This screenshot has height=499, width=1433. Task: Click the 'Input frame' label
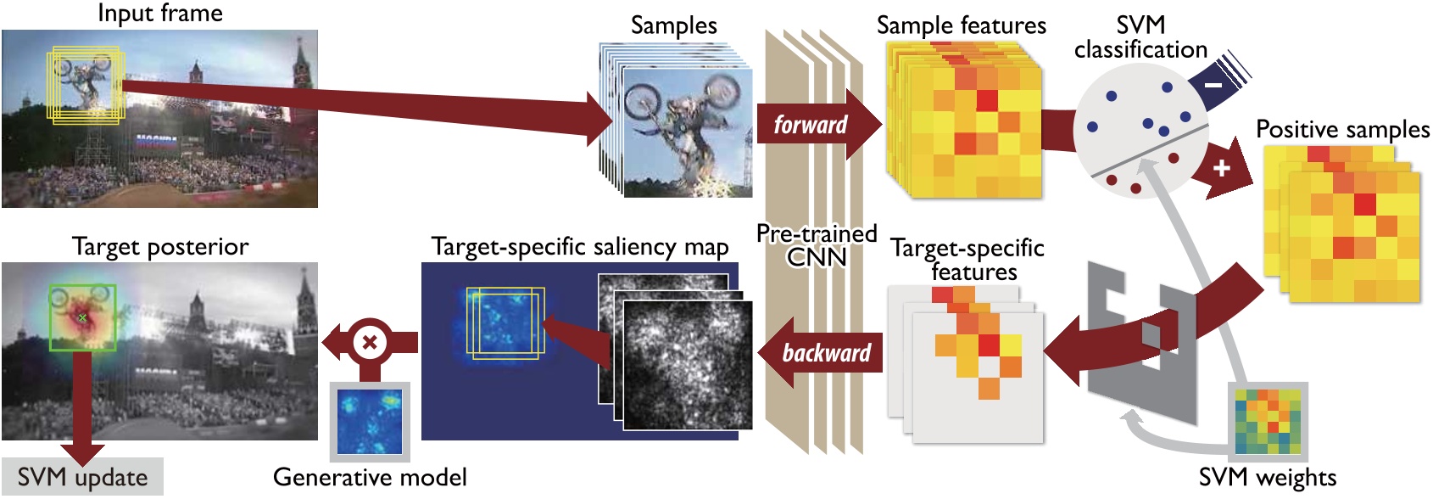[159, 14]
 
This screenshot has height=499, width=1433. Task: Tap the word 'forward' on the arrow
[810, 125]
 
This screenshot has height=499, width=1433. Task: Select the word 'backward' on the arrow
[826, 353]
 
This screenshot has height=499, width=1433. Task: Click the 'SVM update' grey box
[81, 478]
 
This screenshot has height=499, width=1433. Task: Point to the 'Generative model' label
[370, 478]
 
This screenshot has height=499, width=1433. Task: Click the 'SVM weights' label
[1267, 478]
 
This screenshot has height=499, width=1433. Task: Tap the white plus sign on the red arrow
[1221, 167]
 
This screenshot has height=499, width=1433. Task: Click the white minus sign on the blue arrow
[1213, 85]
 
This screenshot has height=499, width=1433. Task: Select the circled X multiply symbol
[370, 343]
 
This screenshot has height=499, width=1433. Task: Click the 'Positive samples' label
[1342, 129]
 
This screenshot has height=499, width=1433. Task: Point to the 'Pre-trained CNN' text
[817, 244]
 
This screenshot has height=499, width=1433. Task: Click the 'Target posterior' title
[160, 247]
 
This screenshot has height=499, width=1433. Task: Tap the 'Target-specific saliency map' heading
[580, 247]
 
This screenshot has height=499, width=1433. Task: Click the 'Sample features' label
[961, 25]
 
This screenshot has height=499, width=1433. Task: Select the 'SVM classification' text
[1140, 37]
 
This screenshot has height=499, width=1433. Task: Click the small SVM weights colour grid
[1268, 422]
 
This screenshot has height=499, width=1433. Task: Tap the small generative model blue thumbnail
[370, 422]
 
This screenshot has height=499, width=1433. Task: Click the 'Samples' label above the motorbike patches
[673, 25]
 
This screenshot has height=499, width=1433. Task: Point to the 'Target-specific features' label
[967, 260]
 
